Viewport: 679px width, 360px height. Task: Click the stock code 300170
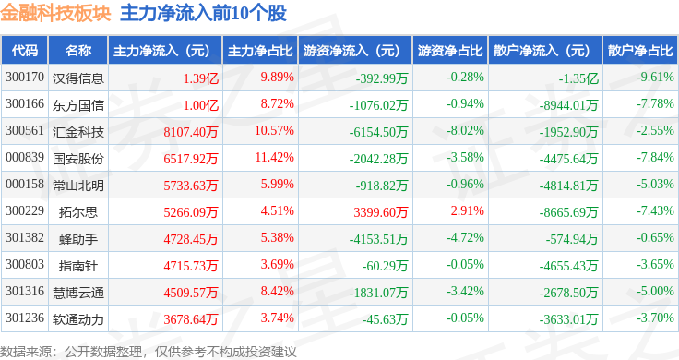coord(25,78)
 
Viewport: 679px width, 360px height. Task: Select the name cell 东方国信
coord(77,105)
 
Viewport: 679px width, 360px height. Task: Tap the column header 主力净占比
coord(260,51)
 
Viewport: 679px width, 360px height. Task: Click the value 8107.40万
coord(191,132)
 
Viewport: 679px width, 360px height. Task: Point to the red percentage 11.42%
coord(275,157)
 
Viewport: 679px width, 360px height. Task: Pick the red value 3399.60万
coord(381,211)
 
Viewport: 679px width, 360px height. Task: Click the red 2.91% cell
coord(467,211)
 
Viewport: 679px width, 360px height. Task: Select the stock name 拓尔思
coord(77,211)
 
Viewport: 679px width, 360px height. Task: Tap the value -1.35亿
coord(578,78)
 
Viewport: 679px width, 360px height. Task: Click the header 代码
coord(25,51)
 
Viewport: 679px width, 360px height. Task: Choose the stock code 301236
coord(25,318)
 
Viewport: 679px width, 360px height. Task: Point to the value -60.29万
coord(385,266)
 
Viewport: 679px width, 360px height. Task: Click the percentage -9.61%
coord(655,78)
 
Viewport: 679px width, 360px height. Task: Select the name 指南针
coord(77,266)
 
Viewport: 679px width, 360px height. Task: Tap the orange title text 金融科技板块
coord(55,13)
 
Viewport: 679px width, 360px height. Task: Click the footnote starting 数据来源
coord(149,352)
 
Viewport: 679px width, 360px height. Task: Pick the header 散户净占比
coord(640,51)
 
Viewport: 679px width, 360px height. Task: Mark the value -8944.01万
coord(568,105)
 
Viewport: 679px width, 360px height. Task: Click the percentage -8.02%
coord(465,131)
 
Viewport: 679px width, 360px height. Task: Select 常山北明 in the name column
coord(77,186)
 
